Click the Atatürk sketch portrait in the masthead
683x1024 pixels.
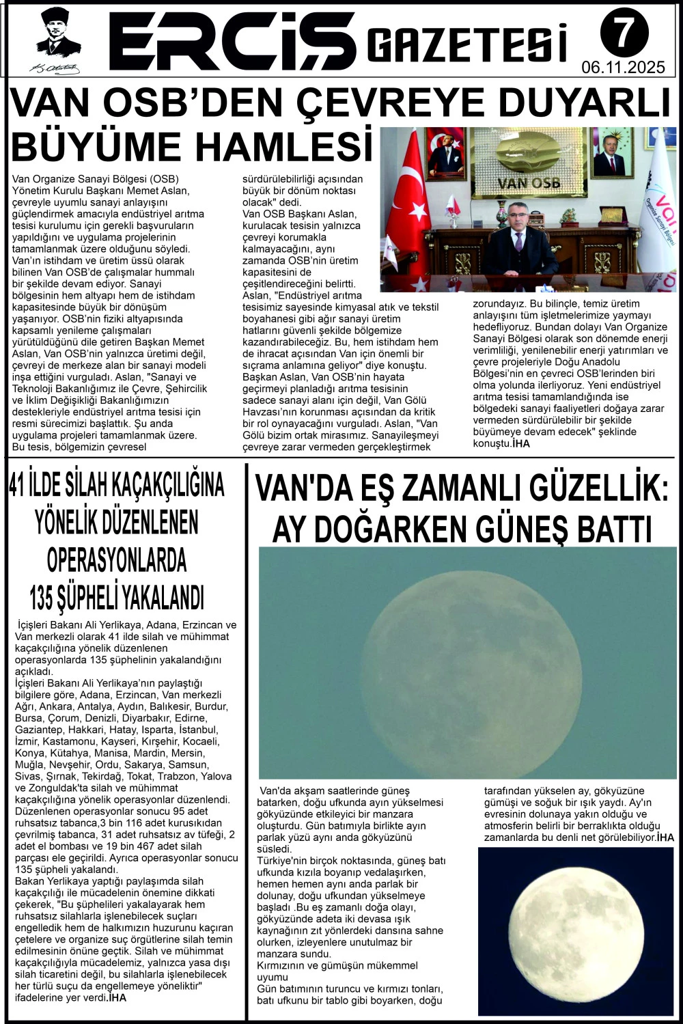tap(58, 40)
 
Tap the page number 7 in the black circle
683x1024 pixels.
tap(624, 32)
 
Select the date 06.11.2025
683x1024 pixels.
tap(623, 67)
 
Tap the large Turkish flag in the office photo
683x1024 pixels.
tap(408, 205)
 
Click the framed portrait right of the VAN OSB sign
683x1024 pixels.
tap(611, 152)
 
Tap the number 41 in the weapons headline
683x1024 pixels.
tap(21, 485)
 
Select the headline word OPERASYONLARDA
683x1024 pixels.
tap(117, 560)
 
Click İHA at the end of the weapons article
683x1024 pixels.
tap(117, 997)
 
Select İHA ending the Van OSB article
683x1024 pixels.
tap(520, 443)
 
